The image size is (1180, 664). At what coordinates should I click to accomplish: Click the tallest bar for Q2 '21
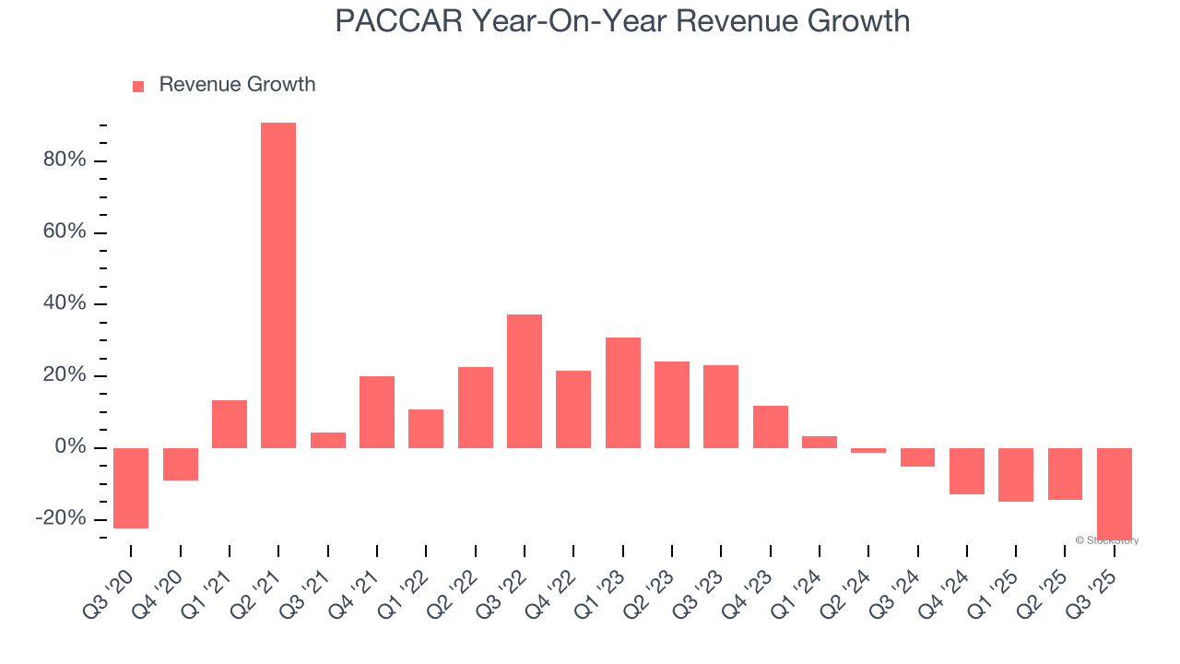(278, 285)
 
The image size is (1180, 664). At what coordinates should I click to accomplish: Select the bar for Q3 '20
(131, 488)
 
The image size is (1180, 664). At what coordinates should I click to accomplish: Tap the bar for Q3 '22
(525, 381)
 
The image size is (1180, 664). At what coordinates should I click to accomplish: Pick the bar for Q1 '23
(623, 393)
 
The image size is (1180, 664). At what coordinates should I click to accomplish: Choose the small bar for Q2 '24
(868, 451)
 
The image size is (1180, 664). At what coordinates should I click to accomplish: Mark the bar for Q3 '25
(1115, 493)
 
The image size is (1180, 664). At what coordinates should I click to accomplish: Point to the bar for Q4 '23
(771, 427)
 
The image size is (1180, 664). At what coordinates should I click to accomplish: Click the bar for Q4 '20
(181, 464)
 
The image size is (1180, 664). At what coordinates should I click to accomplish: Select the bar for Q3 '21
(328, 440)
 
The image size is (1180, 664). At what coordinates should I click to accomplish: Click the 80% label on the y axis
(65, 160)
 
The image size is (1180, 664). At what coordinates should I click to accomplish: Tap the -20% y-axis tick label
(61, 519)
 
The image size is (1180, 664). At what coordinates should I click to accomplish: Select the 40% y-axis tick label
(65, 303)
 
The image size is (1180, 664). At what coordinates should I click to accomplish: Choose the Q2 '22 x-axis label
(466, 587)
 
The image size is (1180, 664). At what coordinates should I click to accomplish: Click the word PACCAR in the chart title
(397, 20)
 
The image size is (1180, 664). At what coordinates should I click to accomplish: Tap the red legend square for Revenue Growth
(138, 86)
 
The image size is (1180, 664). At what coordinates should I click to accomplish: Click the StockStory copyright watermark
(1107, 540)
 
